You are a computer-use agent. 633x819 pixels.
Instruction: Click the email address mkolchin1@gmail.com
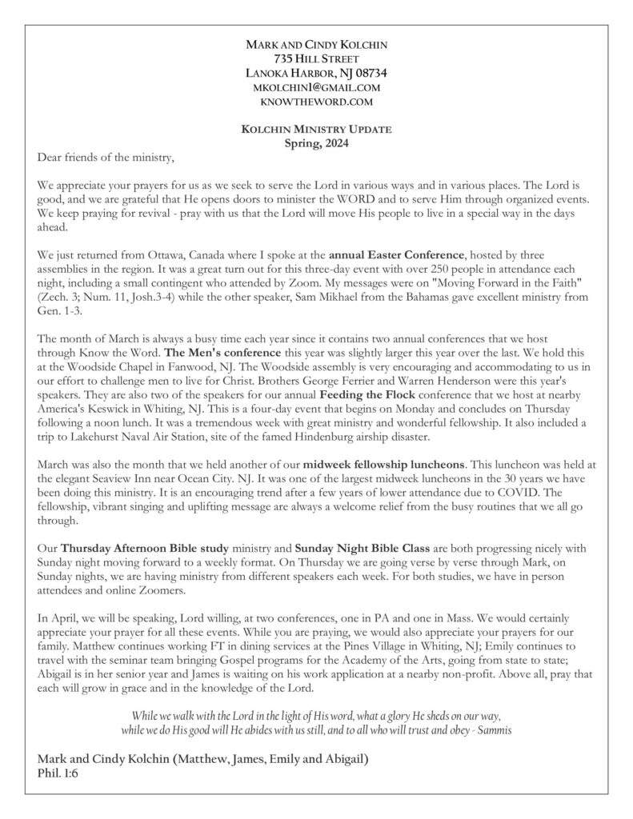tap(317, 87)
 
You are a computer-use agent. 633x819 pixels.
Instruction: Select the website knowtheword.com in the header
tap(317, 102)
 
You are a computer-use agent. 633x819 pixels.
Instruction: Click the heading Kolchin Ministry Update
tap(317, 129)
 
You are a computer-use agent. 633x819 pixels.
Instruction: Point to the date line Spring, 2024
tap(317, 143)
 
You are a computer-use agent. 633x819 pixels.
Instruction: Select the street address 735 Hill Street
tap(317, 58)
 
